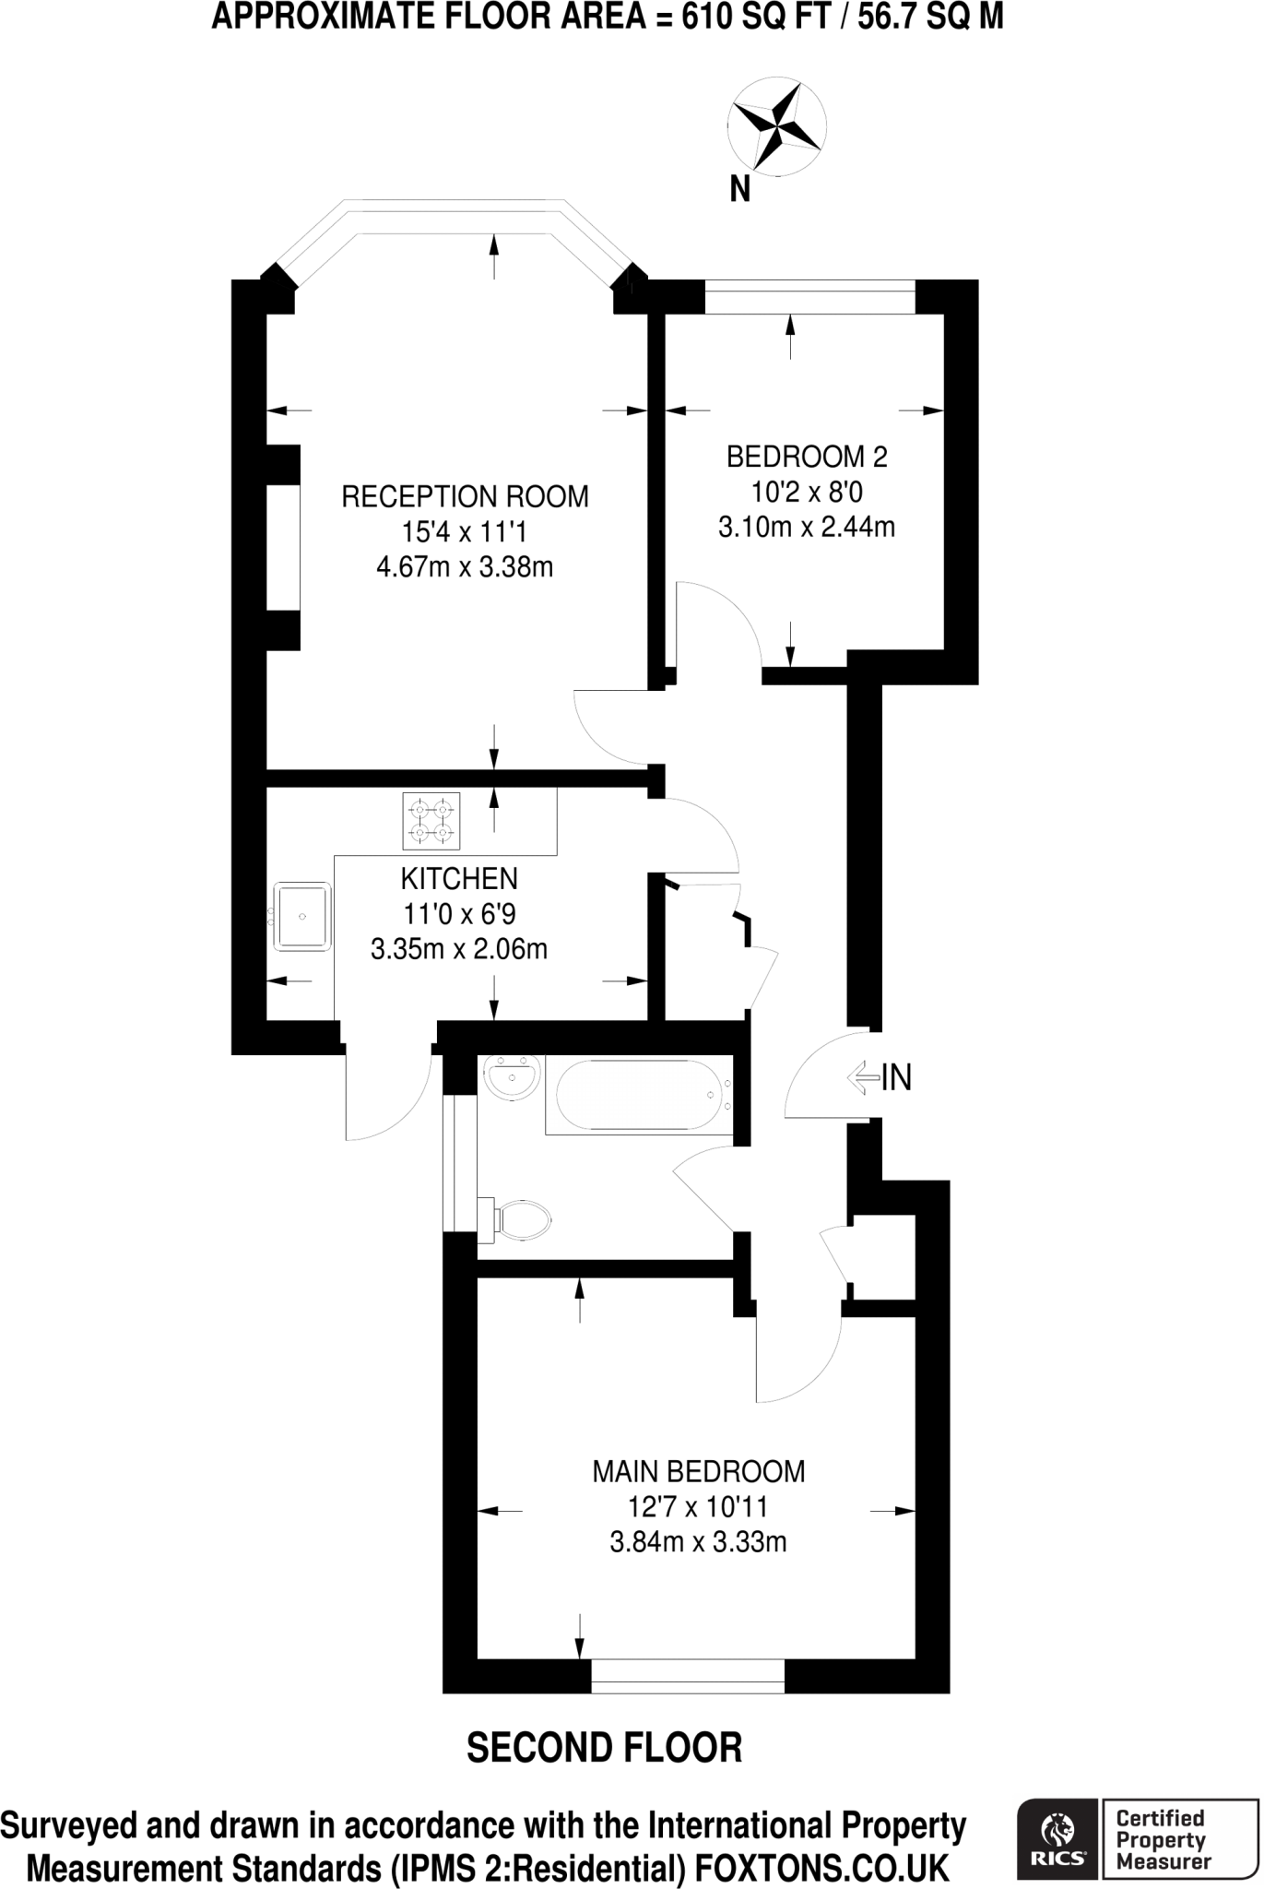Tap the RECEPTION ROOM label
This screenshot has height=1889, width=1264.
[x=465, y=497]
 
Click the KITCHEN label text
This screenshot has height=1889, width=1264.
[x=459, y=878]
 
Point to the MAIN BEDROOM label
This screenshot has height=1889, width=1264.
[x=698, y=1472]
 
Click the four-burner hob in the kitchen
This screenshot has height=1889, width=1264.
[x=431, y=821]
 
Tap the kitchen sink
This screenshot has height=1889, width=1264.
[x=301, y=917]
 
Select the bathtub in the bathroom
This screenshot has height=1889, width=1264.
[x=639, y=1096]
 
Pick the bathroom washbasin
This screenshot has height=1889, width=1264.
[x=513, y=1077]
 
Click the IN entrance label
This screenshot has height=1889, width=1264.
[x=896, y=1077]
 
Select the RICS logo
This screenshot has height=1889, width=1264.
[x=1057, y=1839]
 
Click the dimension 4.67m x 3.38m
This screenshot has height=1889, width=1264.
[x=465, y=566]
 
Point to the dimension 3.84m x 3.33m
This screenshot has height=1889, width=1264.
[x=698, y=1542]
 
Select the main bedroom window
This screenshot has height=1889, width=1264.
[x=688, y=1676]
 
